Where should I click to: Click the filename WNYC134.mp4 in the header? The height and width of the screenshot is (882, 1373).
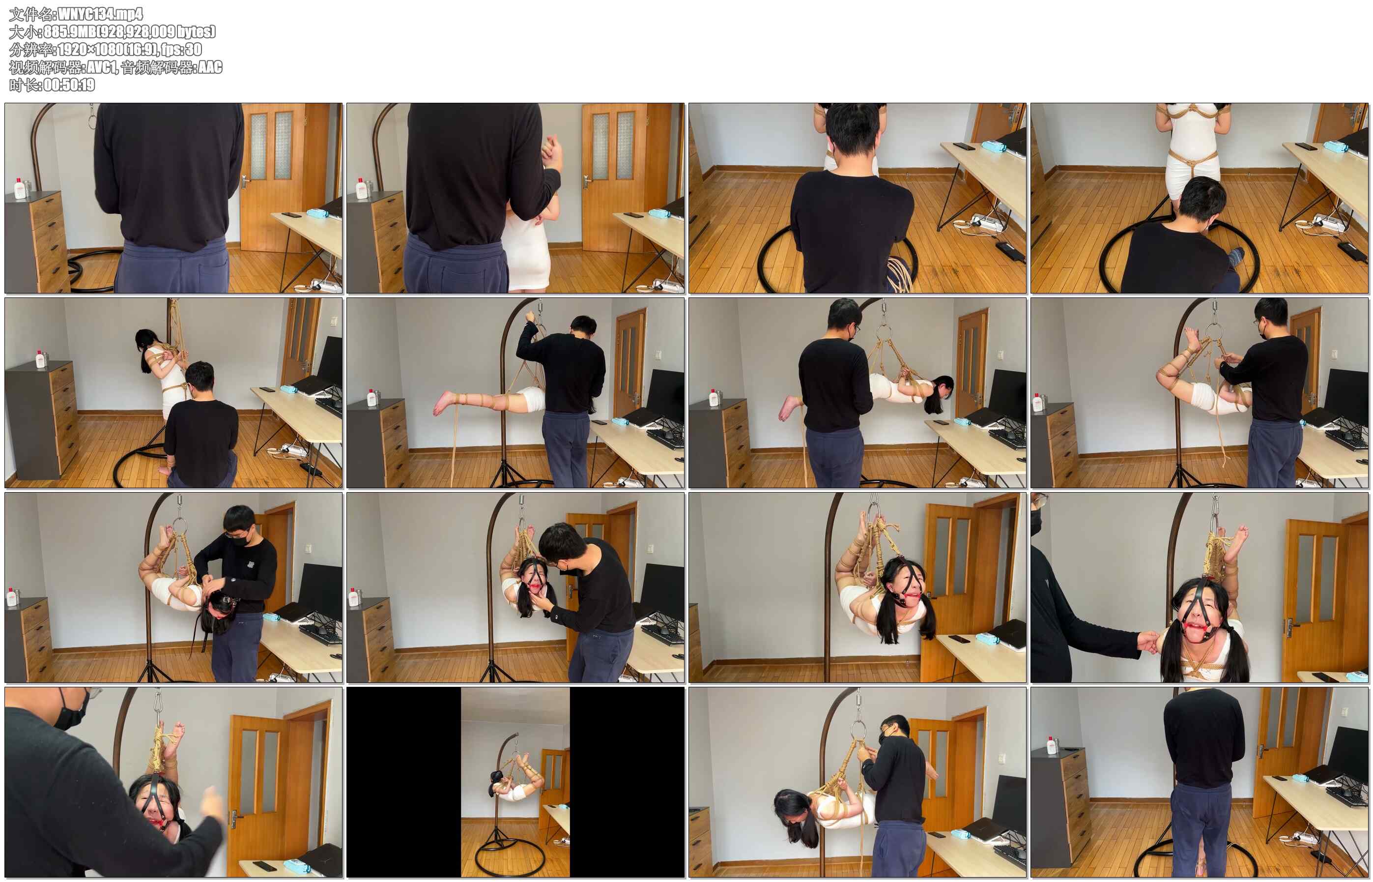point(101,14)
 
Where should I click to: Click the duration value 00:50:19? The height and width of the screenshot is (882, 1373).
point(69,85)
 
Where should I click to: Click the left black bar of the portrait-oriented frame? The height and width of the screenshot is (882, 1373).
point(403,782)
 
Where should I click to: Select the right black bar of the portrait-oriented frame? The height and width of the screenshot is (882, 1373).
point(627,782)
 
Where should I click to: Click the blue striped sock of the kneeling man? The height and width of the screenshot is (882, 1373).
point(1236,256)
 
